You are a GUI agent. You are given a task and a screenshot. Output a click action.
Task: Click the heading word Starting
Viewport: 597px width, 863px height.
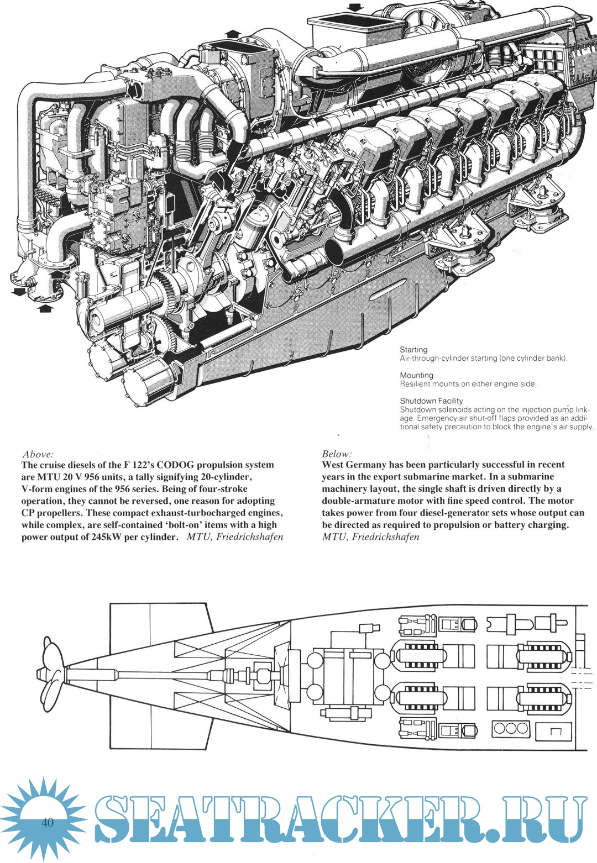pyautogui.click(x=413, y=350)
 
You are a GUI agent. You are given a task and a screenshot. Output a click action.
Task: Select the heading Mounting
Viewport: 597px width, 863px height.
pyautogui.click(x=416, y=375)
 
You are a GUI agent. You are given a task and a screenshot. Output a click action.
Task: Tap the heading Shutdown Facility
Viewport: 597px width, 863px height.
pyautogui.click(x=431, y=401)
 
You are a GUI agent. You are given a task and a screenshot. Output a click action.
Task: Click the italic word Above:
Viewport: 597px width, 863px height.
pyautogui.click(x=38, y=454)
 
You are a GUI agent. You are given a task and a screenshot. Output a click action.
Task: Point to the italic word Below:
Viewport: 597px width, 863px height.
pyautogui.click(x=337, y=454)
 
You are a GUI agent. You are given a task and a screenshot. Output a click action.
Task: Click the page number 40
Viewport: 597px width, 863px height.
pyautogui.click(x=47, y=823)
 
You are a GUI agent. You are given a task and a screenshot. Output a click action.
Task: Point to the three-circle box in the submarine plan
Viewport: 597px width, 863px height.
pyautogui.click(x=510, y=728)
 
